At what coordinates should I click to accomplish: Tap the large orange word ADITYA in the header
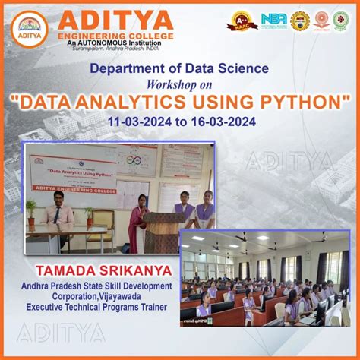115,18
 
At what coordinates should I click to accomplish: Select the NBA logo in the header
274,19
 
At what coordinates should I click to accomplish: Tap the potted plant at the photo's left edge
31,212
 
